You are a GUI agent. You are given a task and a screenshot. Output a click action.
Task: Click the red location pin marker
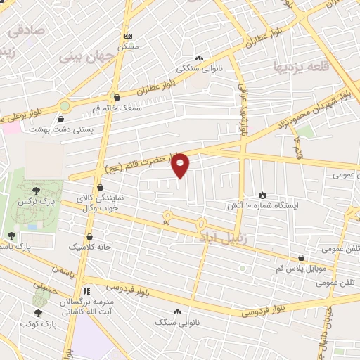[181, 165]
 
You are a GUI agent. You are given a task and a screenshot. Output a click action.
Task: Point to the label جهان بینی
[86, 55]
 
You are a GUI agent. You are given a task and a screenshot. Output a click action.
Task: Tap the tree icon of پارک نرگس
[36, 190]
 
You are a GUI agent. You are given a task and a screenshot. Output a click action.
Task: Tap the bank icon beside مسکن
[127, 35]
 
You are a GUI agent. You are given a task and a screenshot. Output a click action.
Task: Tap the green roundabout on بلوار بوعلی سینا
[65, 105]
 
